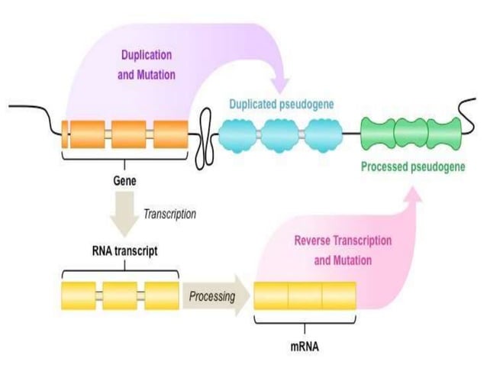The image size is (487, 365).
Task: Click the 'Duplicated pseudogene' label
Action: (x=281, y=103)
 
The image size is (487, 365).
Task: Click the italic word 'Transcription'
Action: (x=169, y=214)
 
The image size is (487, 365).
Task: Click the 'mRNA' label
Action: (x=305, y=345)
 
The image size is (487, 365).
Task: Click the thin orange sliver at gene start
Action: (x=65, y=133)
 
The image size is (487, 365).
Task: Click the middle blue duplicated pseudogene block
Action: (x=281, y=134)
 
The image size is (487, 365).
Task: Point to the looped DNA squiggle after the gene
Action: (x=205, y=133)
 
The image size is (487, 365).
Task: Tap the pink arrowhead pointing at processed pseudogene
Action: (x=412, y=195)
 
